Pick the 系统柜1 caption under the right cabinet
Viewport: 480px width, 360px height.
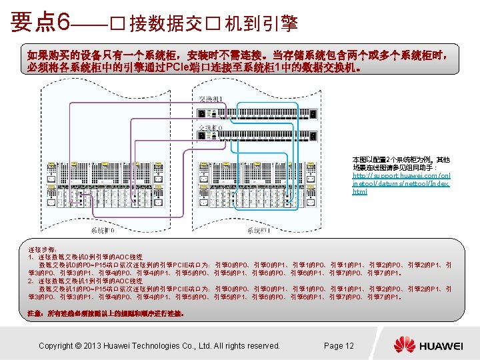(x=258, y=230)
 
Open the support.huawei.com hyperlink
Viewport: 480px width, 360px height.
(x=400, y=175)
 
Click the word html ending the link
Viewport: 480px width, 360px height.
(x=359, y=191)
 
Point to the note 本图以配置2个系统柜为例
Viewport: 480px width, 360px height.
(x=401, y=160)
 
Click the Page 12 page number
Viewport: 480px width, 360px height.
(x=339, y=345)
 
